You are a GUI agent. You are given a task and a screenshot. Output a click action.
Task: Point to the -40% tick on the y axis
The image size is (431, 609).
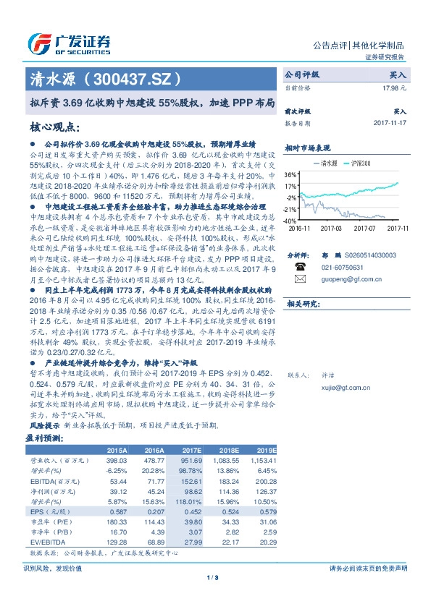coord(290,220)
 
